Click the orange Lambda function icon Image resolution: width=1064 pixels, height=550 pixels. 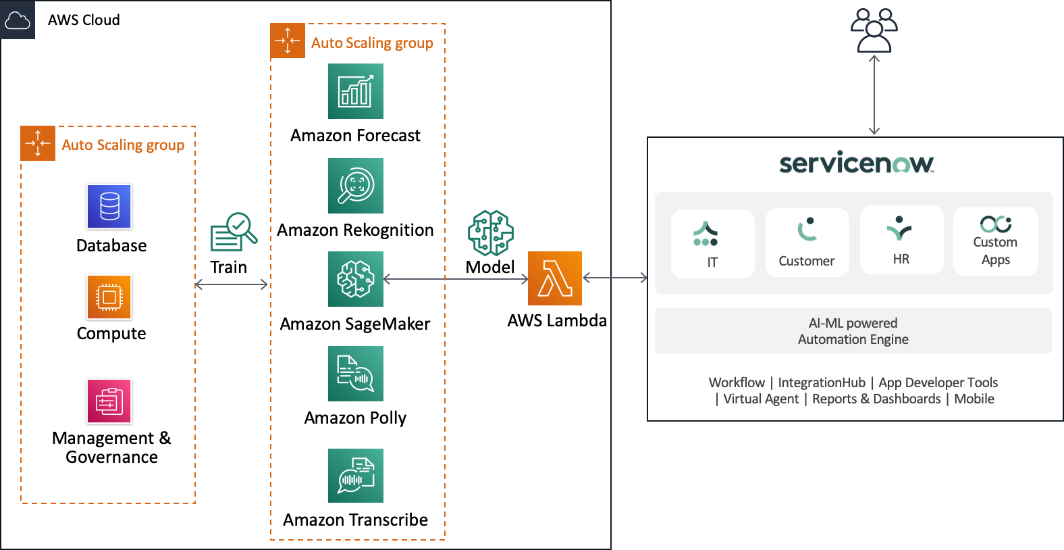point(554,278)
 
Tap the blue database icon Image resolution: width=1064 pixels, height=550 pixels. point(109,207)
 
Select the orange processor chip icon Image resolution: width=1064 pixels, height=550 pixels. point(109,297)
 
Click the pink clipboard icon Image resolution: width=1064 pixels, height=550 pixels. point(109,401)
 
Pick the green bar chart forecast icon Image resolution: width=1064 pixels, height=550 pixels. point(356,91)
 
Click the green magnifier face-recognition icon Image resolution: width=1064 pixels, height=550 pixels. point(356,186)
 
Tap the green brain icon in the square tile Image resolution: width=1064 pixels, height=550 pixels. point(356,279)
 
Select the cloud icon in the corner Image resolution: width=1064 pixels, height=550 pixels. point(17,20)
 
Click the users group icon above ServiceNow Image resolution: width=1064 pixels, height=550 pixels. point(874,30)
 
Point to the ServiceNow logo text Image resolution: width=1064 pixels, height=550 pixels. point(856,164)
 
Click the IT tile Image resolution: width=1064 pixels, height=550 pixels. point(712,243)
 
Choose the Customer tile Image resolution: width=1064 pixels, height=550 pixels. point(807,242)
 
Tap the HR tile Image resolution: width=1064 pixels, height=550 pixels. point(901,240)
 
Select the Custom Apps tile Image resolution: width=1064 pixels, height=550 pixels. point(995,241)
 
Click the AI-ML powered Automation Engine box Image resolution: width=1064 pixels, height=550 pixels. point(853,331)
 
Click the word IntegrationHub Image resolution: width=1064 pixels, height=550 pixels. point(821,382)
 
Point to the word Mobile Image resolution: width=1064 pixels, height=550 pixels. point(974,399)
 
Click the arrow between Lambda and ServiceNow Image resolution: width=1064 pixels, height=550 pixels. point(614,277)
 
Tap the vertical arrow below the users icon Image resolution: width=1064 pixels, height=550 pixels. point(874,95)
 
